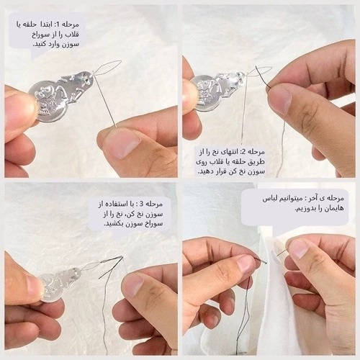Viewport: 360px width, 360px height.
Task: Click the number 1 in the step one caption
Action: pos(58,24)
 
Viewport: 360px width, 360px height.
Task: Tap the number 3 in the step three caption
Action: pos(142,204)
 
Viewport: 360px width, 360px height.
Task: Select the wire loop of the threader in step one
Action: pos(107,68)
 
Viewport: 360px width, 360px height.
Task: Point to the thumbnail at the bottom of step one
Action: pos(122,142)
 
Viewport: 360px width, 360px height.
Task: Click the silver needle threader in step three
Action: pos(60,283)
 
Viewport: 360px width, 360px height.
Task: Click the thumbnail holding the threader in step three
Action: pos(34,287)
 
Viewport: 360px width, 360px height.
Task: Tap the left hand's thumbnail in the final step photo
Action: pos(246,265)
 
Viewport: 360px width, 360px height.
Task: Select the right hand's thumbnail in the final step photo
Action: pos(298,248)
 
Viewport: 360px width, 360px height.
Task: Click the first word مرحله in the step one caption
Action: pos(71,24)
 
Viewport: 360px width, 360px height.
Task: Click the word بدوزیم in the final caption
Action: pos(305,209)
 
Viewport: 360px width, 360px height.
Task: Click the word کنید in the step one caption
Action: pos(40,45)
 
